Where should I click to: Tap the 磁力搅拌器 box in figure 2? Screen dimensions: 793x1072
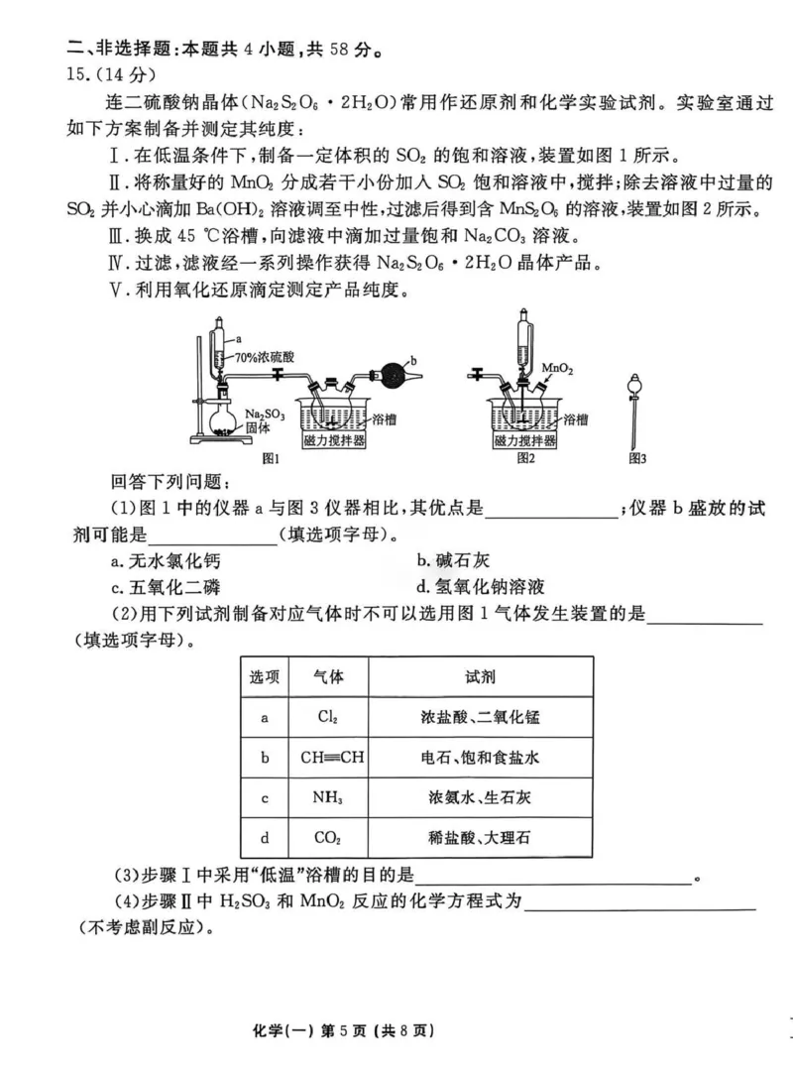[x=525, y=439]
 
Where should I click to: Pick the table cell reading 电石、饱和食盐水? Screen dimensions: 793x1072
[x=481, y=757]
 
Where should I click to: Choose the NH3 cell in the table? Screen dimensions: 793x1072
[x=328, y=797]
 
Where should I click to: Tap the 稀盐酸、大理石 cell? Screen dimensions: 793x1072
[x=481, y=838]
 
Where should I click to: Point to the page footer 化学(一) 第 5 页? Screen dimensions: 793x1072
[x=396, y=1030]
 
